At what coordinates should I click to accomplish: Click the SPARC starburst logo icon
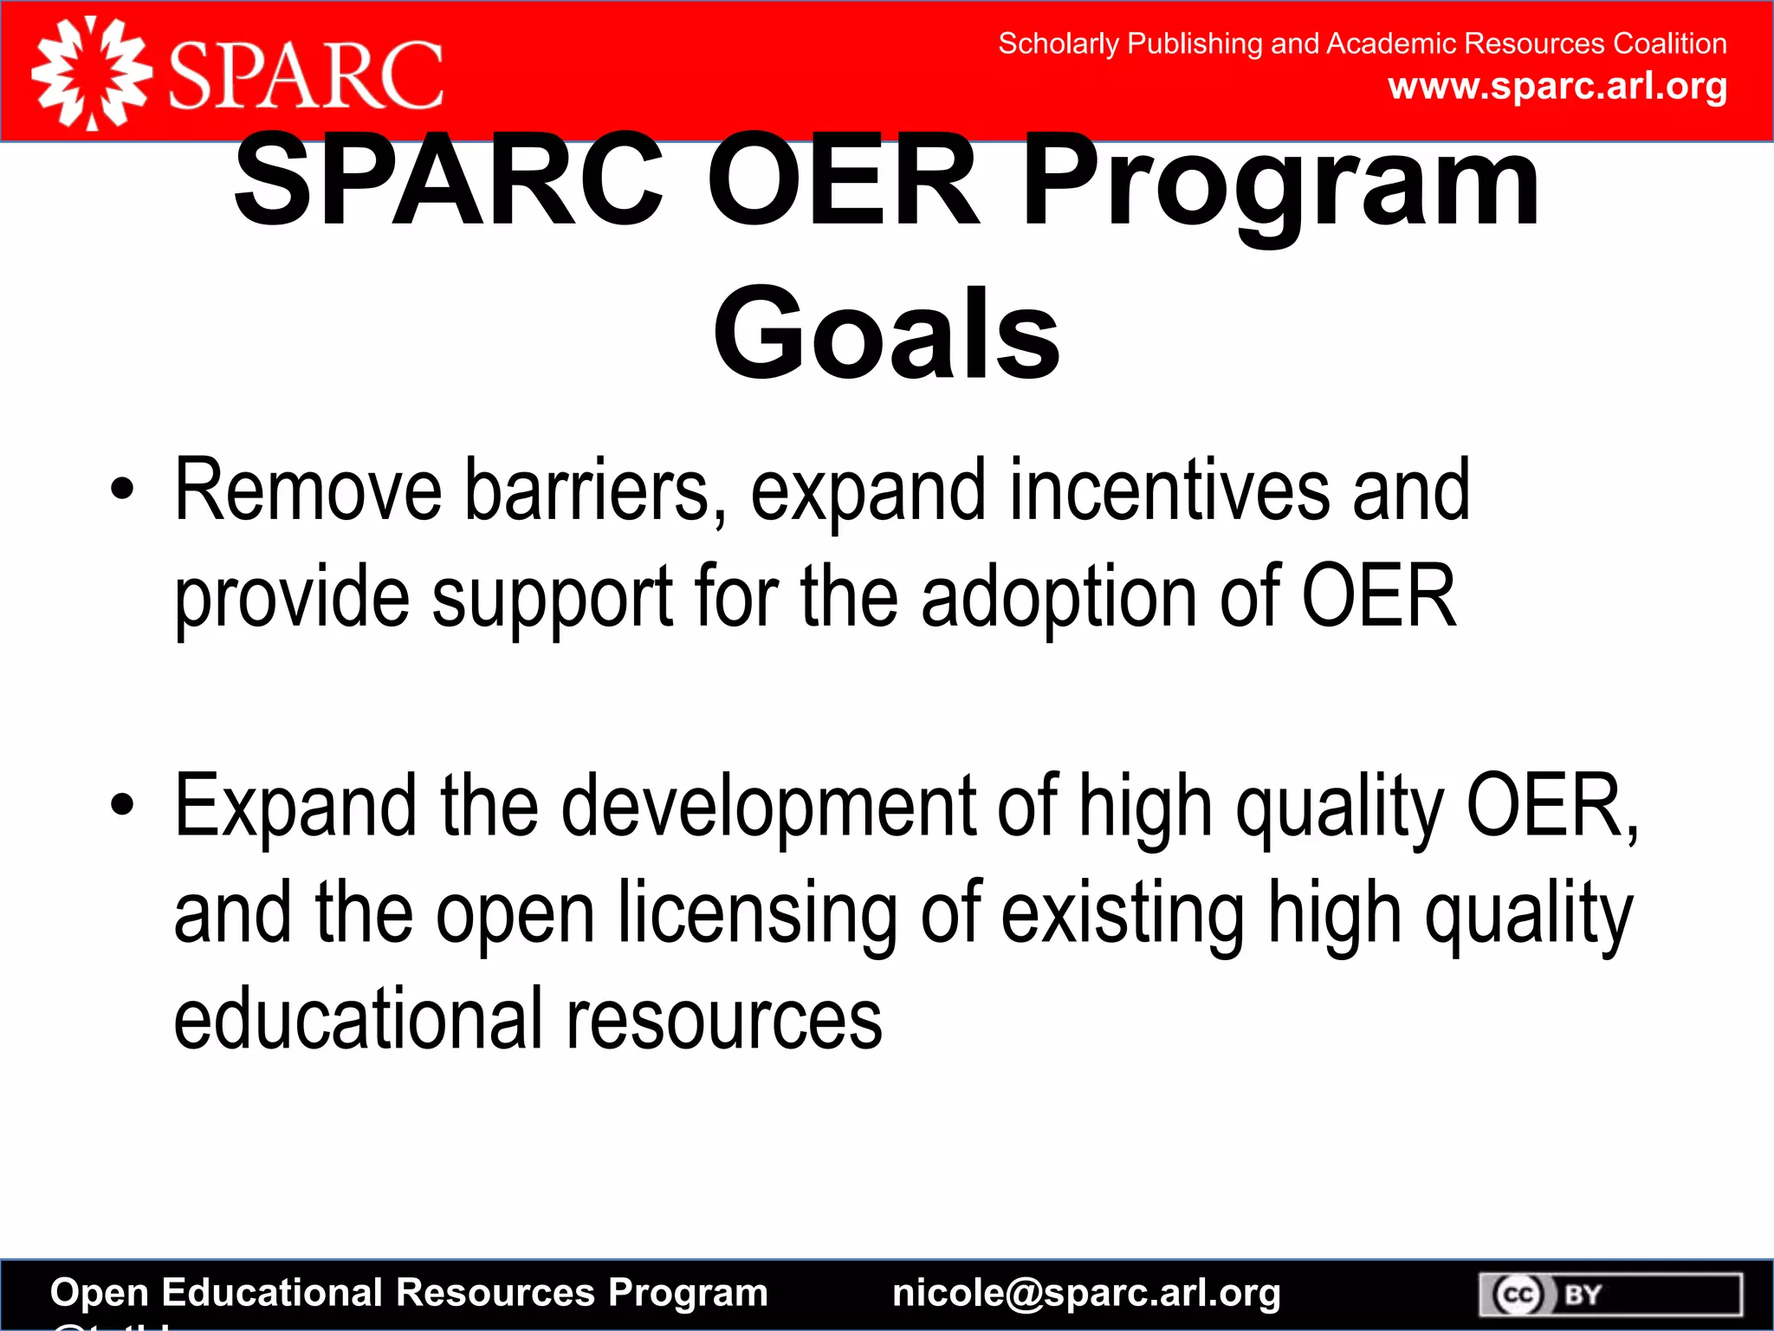tap(91, 75)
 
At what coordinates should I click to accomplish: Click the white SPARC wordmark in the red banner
tap(306, 76)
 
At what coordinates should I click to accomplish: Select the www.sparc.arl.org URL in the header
tap(1557, 87)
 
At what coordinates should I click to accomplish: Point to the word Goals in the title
tap(886, 334)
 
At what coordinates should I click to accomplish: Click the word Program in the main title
tap(1280, 182)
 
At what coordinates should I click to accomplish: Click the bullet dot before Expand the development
tap(123, 805)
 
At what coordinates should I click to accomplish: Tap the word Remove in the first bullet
tap(308, 491)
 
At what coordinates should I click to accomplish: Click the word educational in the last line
tap(358, 1020)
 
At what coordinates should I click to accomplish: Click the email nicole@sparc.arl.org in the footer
tap(1086, 1293)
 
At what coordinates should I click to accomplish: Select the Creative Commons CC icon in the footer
tap(1518, 1295)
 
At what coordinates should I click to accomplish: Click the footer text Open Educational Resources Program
tap(409, 1293)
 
